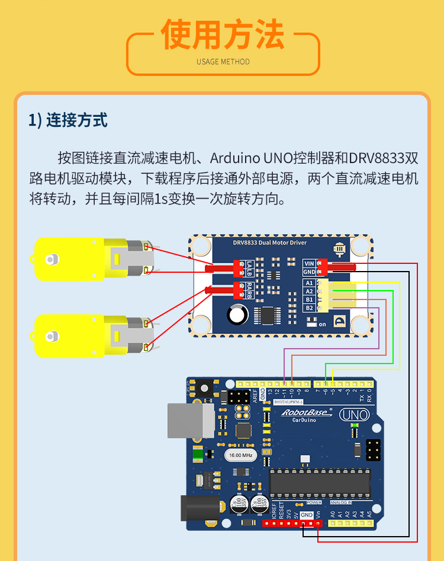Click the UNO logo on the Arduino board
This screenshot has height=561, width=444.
[x=354, y=415]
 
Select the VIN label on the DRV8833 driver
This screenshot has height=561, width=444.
[x=308, y=263]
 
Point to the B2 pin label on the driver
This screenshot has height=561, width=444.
[x=309, y=308]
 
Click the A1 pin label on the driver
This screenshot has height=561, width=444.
[x=309, y=283]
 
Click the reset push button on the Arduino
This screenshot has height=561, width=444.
[x=205, y=389]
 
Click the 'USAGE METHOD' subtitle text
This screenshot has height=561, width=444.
[x=223, y=62]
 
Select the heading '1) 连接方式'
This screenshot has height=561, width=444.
[x=68, y=120]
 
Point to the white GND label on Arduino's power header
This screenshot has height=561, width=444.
[x=307, y=515]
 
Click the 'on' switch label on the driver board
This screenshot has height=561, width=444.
[x=322, y=324]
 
